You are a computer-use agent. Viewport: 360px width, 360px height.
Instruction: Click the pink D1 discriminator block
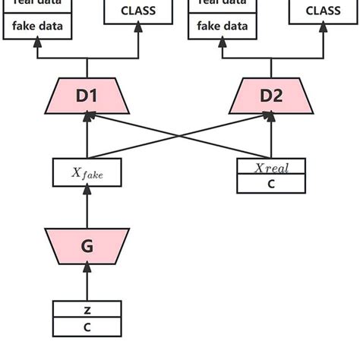[87, 96]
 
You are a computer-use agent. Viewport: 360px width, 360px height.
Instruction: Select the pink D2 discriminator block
[271, 96]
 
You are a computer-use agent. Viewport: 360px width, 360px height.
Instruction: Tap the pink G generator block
[87, 246]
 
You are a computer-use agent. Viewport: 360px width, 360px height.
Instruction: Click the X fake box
[87, 172]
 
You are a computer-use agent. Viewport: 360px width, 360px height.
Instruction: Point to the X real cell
[271, 167]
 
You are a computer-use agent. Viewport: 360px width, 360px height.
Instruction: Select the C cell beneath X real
[271, 184]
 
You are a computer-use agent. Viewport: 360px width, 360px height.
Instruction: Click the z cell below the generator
[87, 310]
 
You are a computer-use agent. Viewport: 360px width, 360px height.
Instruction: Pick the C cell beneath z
[87, 327]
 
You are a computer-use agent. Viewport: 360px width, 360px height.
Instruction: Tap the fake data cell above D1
[36, 27]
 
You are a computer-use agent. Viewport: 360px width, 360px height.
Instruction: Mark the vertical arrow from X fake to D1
[87, 137]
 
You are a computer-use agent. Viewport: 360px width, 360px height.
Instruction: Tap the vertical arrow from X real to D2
[271, 137]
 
